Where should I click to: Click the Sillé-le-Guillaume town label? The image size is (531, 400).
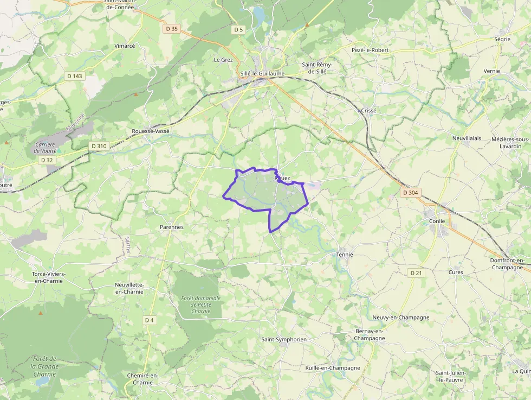[x=262, y=74]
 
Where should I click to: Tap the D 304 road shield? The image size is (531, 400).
[x=410, y=193]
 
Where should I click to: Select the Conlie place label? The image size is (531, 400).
[x=436, y=221]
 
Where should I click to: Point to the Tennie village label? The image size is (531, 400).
[x=345, y=254]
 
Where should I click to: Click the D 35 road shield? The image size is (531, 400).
[x=172, y=29]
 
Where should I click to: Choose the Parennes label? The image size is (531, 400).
[x=172, y=227]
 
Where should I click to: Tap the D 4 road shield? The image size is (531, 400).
[x=150, y=320]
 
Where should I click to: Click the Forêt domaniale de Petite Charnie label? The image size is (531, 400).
[x=201, y=304]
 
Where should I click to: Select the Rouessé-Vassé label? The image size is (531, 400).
[x=151, y=131]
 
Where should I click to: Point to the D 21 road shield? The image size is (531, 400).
[x=416, y=272]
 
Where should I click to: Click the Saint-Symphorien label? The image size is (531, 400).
[x=284, y=339]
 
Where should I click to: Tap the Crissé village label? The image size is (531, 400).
[x=368, y=110]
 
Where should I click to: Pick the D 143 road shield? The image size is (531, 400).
[x=74, y=76]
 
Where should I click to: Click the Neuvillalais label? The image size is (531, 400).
[x=467, y=138]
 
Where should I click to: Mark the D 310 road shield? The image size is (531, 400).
[x=99, y=146]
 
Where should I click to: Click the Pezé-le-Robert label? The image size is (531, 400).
[x=370, y=50]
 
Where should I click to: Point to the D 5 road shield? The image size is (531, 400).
[x=238, y=29]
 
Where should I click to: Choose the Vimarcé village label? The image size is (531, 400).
[x=125, y=46]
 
